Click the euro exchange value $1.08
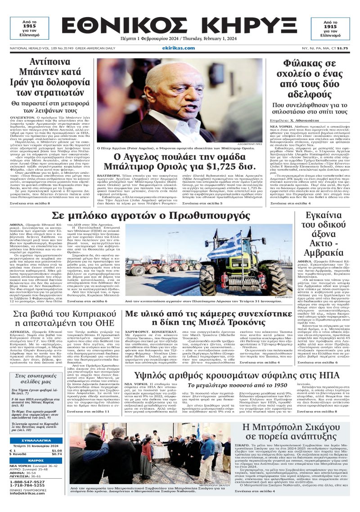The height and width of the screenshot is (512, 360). (x=56, y=450)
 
